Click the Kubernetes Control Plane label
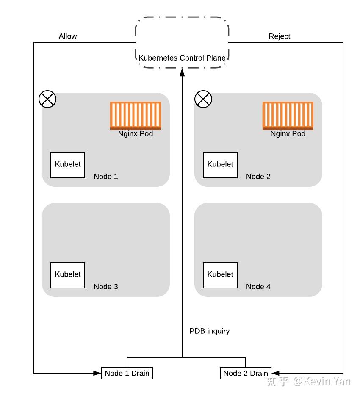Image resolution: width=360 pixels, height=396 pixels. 182,58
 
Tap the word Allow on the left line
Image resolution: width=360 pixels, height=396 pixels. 68,36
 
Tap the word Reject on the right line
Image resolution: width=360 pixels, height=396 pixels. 280,36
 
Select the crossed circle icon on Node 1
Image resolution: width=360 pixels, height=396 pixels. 47,100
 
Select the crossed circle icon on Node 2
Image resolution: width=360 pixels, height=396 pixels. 203,100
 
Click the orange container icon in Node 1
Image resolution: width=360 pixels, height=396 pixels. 136,116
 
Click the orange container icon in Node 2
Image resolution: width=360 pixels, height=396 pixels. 288,116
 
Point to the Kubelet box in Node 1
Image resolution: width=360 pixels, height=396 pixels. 68,165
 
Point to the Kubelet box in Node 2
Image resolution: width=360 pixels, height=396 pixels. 220,165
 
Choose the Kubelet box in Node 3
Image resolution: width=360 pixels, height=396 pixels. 68,275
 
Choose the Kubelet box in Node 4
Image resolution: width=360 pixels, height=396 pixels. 220,275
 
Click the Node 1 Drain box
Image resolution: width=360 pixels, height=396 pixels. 127,373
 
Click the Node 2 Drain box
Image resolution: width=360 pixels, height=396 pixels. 246,373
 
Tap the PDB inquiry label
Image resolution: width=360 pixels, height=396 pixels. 210,331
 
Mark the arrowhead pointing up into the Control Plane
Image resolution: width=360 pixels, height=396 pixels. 182,72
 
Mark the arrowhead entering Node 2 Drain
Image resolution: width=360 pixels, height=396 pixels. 274,373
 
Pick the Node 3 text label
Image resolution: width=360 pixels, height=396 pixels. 106,287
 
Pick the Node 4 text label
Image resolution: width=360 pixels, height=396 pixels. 258,287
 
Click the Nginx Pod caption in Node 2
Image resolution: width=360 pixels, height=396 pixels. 288,134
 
